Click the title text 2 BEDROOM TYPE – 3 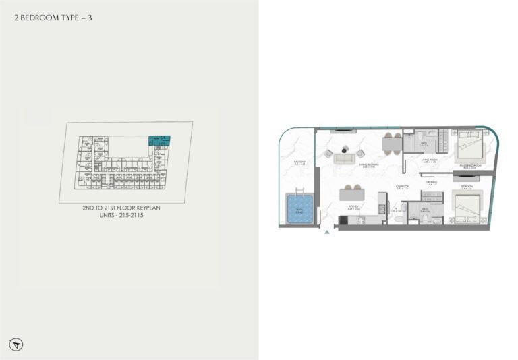[x=53, y=18]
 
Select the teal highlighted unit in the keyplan [x=159, y=140]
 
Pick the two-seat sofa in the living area [x=344, y=160]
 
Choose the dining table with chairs [x=391, y=143]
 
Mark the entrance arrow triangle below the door [x=327, y=232]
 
